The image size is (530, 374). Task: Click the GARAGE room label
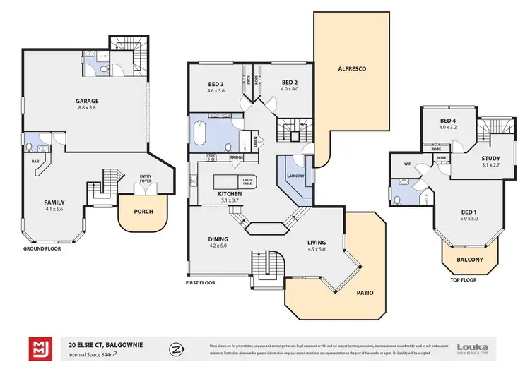pyautogui.click(x=87, y=101)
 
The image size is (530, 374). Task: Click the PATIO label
pyautogui.click(x=365, y=292)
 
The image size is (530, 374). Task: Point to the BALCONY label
pyautogui.click(x=469, y=260)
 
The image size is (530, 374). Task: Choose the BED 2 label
pyautogui.click(x=290, y=82)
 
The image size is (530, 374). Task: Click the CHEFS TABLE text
pyautogui.click(x=247, y=181)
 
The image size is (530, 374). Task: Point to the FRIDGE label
pyautogui.click(x=237, y=157)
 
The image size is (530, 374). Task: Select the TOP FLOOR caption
pyautogui.click(x=464, y=279)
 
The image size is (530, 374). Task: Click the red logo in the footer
pyautogui.click(x=39, y=349)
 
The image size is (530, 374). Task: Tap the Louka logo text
pyautogui.click(x=472, y=346)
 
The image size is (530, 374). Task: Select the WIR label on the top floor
pyautogui.click(x=408, y=163)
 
